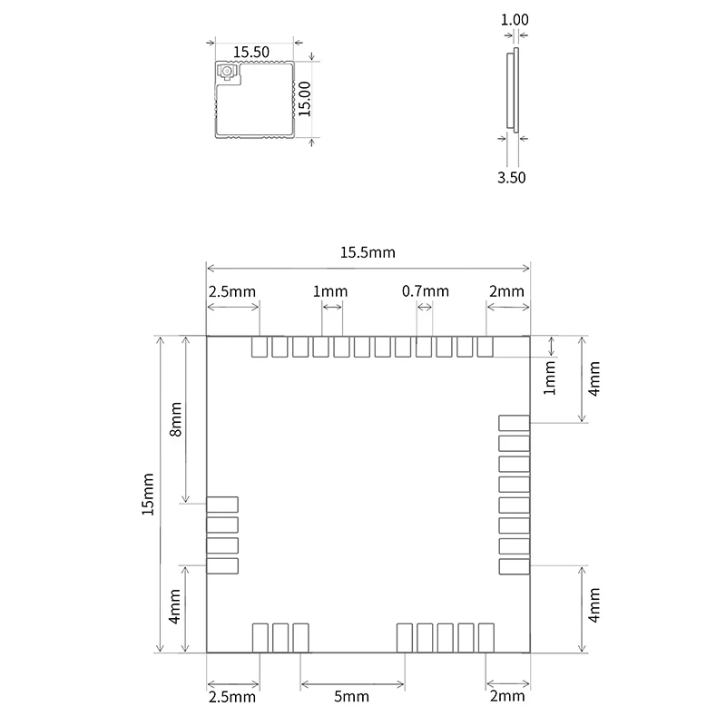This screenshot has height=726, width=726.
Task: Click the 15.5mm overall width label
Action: tap(368, 252)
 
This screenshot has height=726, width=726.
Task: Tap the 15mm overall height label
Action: tap(148, 494)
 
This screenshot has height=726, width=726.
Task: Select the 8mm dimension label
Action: tap(176, 419)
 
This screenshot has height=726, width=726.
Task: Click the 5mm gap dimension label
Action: tap(351, 696)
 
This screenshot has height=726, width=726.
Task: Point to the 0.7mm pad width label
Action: tap(425, 291)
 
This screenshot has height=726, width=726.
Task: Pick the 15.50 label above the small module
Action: tap(251, 52)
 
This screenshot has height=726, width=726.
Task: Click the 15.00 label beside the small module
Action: tap(304, 99)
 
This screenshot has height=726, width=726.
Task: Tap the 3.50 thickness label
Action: tap(511, 177)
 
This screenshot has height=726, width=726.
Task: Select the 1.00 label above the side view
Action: tap(515, 19)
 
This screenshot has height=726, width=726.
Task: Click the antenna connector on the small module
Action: tap(228, 73)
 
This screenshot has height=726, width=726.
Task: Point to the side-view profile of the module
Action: tap(513, 90)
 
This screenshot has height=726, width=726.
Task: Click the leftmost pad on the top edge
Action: tap(260, 347)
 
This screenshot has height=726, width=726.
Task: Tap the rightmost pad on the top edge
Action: tap(485, 347)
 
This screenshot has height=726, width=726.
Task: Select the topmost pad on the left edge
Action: tap(222, 505)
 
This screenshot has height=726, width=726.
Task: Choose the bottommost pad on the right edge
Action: tap(514, 566)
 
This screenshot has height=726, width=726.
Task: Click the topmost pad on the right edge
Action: tap(514, 423)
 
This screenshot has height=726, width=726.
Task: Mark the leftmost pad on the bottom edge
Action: tap(260, 638)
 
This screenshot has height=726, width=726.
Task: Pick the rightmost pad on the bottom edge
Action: tap(486, 638)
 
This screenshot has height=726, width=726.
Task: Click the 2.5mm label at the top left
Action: tap(232, 291)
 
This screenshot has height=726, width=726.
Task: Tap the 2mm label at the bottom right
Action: tap(507, 696)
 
